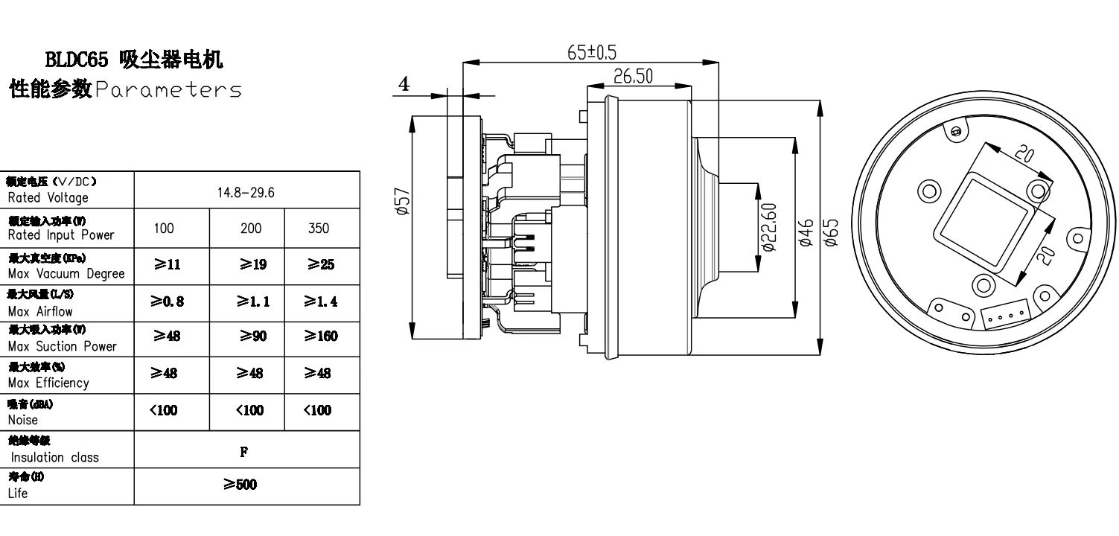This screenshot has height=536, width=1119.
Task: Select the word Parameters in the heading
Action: coord(168,90)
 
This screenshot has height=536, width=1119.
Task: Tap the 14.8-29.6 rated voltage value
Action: coord(246,193)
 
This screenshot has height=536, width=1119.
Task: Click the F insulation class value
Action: coord(246,451)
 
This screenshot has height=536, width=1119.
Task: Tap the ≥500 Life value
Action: coord(240,485)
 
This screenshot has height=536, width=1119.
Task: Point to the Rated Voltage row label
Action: coord(48,198)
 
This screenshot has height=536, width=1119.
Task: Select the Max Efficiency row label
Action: coord(48,383)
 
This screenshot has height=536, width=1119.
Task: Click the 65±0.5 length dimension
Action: coord(592,52)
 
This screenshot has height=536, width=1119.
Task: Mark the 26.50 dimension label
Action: coord(634,76)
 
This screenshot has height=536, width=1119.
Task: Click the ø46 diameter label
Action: coord(805,232)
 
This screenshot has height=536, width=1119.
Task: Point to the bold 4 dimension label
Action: coord(404,84)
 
